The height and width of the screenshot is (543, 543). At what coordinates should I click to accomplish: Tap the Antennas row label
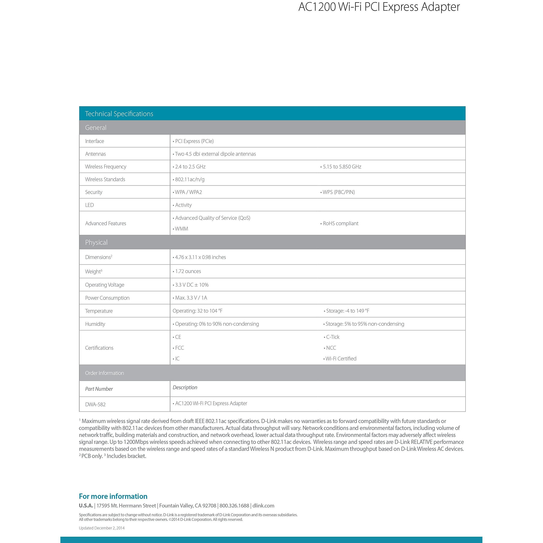point(95,154)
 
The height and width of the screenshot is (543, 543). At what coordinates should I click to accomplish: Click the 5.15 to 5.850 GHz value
point(342,167)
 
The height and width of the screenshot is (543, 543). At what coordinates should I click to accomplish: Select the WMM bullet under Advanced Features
point(181,229)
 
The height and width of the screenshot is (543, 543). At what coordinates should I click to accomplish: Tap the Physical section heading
point(96,242)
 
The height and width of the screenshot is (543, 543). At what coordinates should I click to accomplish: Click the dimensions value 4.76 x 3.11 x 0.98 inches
point(200,257)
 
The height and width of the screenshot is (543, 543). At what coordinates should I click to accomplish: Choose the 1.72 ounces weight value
point(188,271)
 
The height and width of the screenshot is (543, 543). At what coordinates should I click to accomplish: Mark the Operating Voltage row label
point(105,285)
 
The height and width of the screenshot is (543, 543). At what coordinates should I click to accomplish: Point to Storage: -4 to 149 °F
point(347,311)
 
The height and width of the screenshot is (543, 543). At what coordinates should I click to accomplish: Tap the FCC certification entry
point(179,348)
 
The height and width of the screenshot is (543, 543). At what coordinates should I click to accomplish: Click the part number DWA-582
point(95,405)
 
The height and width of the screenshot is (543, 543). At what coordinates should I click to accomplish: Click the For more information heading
point(113,496)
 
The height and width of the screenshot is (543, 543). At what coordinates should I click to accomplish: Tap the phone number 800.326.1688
point(234,506)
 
